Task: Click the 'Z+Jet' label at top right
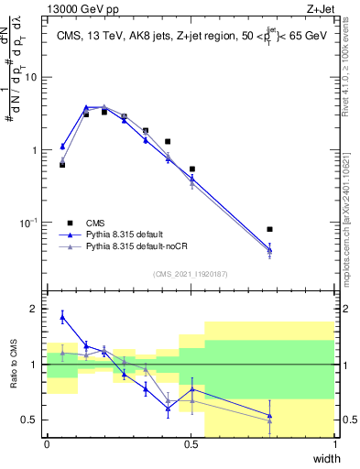pos(320,8)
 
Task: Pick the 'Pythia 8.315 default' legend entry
pos(120,234)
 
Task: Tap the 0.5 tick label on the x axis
pos(191,444)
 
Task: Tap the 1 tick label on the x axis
pos(335,444)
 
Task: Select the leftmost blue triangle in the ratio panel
pos(62,317)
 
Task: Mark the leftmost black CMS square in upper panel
pos(62,165)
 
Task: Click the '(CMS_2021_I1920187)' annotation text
pos(190,274)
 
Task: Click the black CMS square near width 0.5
pos(192,169)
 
